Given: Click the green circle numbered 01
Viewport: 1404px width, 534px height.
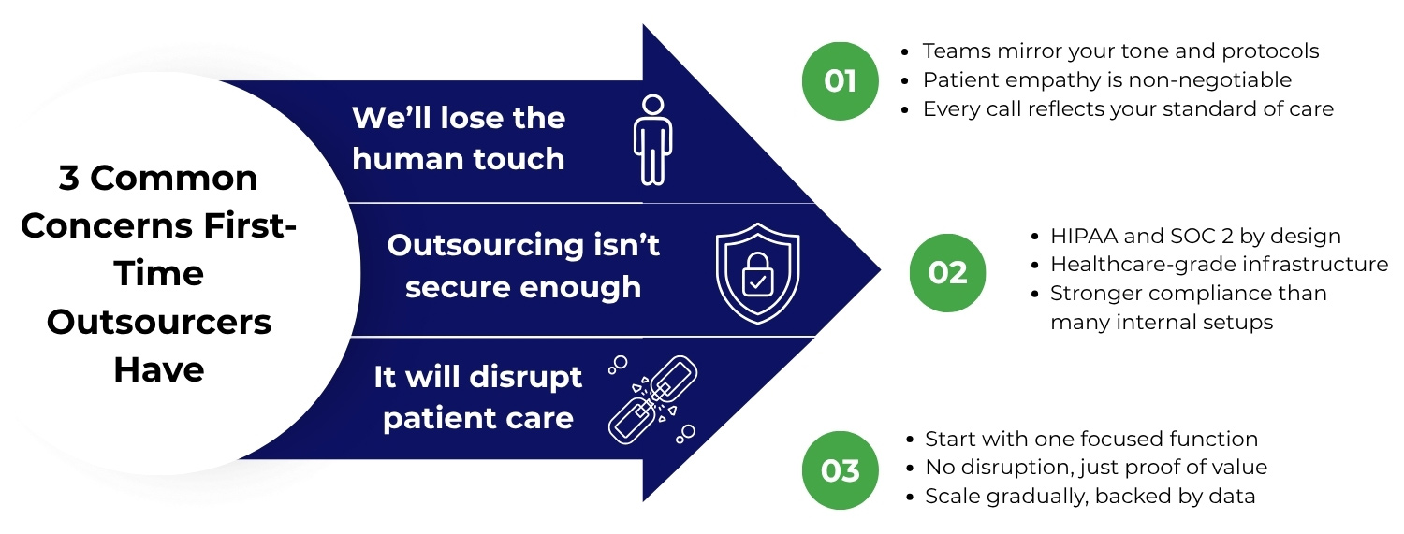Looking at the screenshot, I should (x=840, y=81).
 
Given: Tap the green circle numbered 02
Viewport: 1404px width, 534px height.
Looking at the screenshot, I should (x=947, y=272).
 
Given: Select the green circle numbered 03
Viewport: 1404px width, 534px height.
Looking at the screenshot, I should (x=840, y=469).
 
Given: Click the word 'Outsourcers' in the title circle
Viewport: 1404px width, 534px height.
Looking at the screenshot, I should (x=159, y=322).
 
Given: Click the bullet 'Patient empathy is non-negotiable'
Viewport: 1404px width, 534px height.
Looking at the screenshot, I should (x=1106, y=80).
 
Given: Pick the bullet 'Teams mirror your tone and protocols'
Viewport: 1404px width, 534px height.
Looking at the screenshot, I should (x=1120, y=51).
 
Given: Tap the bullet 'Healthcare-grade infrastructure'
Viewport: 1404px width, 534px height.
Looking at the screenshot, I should (x=1219, y=265).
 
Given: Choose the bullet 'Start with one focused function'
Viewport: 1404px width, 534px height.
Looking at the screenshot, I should (x=1091, y=439).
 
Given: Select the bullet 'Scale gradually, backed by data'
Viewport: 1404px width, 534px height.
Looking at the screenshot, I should (x=1090, y=496).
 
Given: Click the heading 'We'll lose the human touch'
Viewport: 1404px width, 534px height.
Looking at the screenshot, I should (x=459, y=138).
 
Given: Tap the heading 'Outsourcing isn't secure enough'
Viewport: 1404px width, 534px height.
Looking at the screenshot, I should (x=523, y=266).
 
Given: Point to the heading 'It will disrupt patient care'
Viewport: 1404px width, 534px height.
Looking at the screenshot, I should (x=477, y=397).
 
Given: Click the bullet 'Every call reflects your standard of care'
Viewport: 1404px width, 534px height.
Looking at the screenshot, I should (x=1128, y=108).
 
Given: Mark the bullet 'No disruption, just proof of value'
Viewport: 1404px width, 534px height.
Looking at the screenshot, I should (x=1096, y=467).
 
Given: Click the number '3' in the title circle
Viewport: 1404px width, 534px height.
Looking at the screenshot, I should (x=68, y=178).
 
